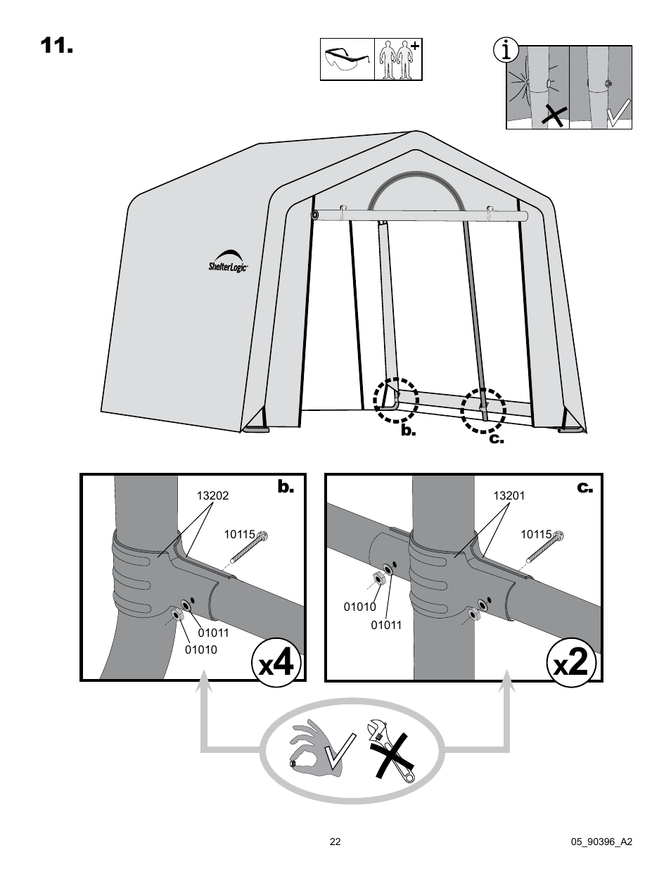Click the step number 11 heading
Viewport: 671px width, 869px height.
click(x=56, y=46)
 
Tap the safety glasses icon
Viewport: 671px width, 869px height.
click(x=347, y=59)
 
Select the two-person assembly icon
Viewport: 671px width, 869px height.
click(x=397, y=60)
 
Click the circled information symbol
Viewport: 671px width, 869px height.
click(x=506, y=51)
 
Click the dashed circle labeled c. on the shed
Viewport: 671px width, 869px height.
click(x=483, y=409)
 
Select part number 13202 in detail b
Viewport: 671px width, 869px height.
click(x=212, y=495)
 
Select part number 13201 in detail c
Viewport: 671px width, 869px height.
click(x=509, y=495)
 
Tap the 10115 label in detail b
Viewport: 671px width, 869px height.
click(x=239, y=535)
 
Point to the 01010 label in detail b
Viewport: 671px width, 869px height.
click(x=201, y=649)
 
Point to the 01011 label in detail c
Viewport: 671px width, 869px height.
click(x=386, y=624)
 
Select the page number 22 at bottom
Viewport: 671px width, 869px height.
click(x=335, y=842)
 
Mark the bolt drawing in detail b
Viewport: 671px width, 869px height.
click(x=248, y=550)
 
